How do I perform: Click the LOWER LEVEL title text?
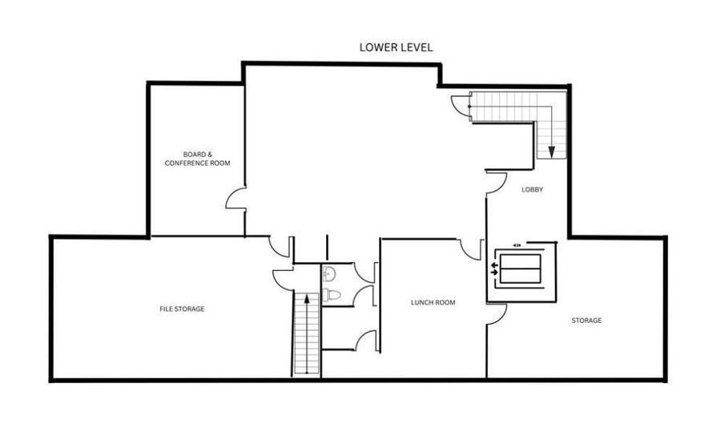tap(396, 47)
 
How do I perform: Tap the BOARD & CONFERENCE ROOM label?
tap(197, 159)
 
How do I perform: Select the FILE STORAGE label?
tap(182, 309)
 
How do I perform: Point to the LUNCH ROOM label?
tap(433, 302)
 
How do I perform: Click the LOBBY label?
tap(533, 190)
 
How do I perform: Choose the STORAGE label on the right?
tap(586, 321)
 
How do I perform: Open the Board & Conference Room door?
tap(236, 199)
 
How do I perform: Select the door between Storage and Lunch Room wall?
tap(496, 313)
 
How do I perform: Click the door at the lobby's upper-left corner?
tap(495, 183)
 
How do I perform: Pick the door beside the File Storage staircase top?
tap(283, 277)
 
